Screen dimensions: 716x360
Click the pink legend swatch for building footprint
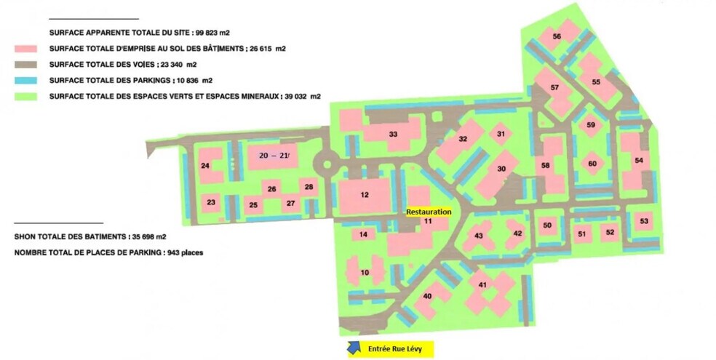coord(28,49)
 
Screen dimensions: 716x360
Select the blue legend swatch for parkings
coord(28,80)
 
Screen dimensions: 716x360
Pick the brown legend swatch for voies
coord(28,65)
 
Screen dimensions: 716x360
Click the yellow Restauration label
coord(429,212)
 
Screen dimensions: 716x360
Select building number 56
coord(557,36)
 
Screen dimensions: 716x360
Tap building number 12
coord(365,194)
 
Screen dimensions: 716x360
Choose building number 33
coord(393,135)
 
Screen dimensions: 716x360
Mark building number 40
coord(427,295)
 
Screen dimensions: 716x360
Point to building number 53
coord(643,221)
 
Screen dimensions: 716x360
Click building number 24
coord(206,167)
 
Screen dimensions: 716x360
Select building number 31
coord(501,134)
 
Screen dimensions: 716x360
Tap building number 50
coord(547,225)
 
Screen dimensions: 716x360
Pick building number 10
coord(365,273)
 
